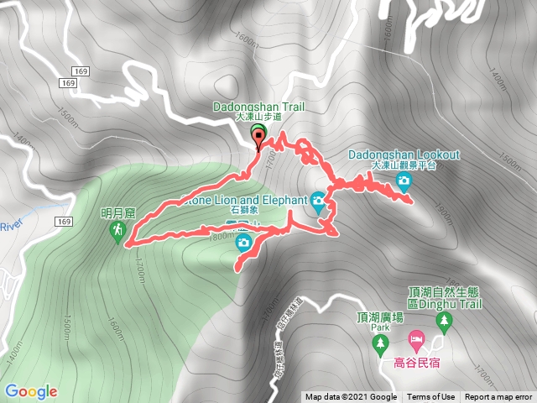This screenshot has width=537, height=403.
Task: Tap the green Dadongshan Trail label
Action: coord(258,107)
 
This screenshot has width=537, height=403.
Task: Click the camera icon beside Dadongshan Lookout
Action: coord(404,181)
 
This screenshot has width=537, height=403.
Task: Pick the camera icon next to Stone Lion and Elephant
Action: coord(317,200)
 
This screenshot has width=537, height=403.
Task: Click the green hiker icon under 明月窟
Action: coord(117,229)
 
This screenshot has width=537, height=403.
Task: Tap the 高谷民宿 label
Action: coord(416,363)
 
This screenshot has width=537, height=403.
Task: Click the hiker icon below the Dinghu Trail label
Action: coord(442,342)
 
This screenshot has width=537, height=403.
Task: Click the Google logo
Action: coord(31,391)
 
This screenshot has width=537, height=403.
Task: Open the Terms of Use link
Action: coord(430,397)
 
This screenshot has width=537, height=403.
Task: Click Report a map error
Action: coord(498,397)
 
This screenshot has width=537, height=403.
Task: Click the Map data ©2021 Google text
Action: coord(351,397)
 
